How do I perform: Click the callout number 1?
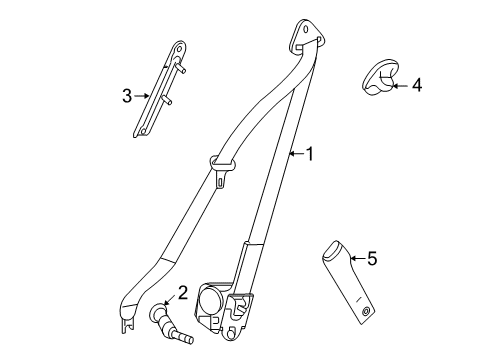[x=310, y=155]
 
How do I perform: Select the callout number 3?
[x=127, y=96]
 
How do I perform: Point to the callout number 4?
[x=416, y=86]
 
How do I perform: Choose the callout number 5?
[x=371, y=260]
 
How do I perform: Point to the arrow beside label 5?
[x=353, y=260]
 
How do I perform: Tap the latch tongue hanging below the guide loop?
[x=220, y=181]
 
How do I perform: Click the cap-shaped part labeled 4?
[x=379, y=77]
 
